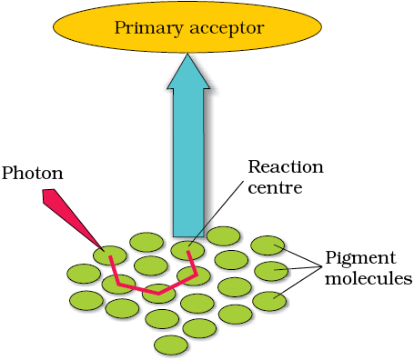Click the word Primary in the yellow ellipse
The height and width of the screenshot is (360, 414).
[148, 28]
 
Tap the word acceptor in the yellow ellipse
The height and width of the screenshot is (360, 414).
[227, 29]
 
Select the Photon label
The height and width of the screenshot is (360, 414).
[33, 174]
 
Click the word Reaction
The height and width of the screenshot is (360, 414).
[286, 167]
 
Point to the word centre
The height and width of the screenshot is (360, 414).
[275, 188]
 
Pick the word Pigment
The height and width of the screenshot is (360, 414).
[360, 258]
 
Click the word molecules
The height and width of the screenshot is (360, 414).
[369, 278]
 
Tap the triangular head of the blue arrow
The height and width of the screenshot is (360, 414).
[188, 72]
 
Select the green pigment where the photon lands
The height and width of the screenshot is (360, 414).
[110, 255]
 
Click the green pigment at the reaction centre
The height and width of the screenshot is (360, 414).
[187, 250]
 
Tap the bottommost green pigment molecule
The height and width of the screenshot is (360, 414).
[171, 345]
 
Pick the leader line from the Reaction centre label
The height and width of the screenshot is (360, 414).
[216, 214]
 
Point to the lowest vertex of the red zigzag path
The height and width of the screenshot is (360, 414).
[158, 294]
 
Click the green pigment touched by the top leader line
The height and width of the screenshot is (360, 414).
[268, 245]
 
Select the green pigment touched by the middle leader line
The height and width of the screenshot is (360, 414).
[271, 271]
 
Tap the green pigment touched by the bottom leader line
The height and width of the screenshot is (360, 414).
[269, 301]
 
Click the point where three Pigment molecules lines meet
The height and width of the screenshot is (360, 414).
[321, 266]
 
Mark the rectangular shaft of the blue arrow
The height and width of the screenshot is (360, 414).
[188, 163]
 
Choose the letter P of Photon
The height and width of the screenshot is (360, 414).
[7, 174]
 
